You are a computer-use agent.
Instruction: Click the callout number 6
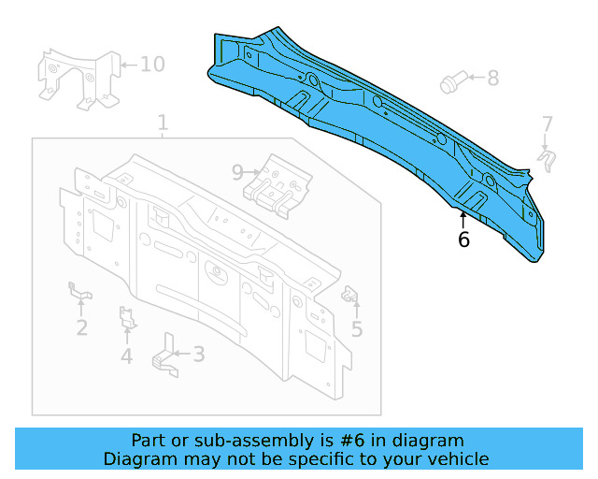click(463, 239)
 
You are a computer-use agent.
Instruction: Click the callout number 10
click(151, 65)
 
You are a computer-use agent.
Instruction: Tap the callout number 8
click(492, 78)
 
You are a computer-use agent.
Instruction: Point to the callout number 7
click(548, 123)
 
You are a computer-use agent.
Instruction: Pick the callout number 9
click(237, 171)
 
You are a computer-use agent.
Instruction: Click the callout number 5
click(357, 328)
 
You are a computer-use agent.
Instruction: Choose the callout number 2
click(82, 327)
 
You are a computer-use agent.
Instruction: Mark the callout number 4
click(126, 356)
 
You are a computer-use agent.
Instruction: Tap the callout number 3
click(198, 354)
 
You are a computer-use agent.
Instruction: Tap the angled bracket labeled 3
click(166, 356)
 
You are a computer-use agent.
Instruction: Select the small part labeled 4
click(127, 318)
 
